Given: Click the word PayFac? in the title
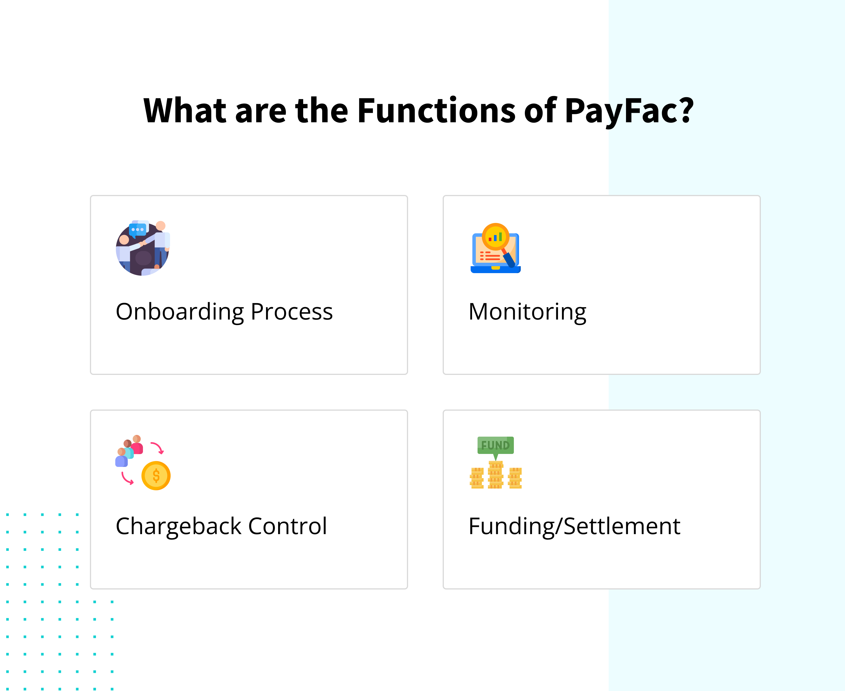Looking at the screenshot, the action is [629, 111].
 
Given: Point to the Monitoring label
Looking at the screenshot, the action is [527, 312].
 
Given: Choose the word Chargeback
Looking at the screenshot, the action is [179, 527].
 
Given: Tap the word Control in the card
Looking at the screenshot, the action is [288, 526].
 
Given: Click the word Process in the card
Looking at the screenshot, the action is [292, 312].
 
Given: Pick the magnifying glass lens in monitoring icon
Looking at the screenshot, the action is [496, 236].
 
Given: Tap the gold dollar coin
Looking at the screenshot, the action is [156, 475].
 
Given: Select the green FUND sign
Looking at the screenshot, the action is [496, 445].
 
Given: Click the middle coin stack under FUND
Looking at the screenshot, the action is [496, 475].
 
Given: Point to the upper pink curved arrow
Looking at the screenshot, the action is [158, 447].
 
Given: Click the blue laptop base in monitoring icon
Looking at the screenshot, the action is [496, 269].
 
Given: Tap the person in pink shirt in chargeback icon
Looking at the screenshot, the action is [137, 445].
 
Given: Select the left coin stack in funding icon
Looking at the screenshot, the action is [477, 478].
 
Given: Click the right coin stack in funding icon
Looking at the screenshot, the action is [515, 478].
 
